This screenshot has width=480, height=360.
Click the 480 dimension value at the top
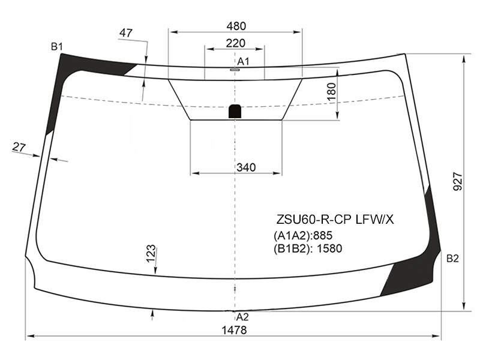(236, 26)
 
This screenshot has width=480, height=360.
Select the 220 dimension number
(235, 43)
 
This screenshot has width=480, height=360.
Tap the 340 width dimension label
(246, 167)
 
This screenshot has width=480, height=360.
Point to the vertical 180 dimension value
(332, 92)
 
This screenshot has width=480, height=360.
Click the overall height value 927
(458, 182)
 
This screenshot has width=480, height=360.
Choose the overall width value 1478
(234, 330)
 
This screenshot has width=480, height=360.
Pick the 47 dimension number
(126, 33)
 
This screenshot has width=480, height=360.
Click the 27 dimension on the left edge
(19, 147)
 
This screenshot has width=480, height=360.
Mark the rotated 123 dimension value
(151, 254)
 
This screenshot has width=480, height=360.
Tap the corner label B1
(57, 47)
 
